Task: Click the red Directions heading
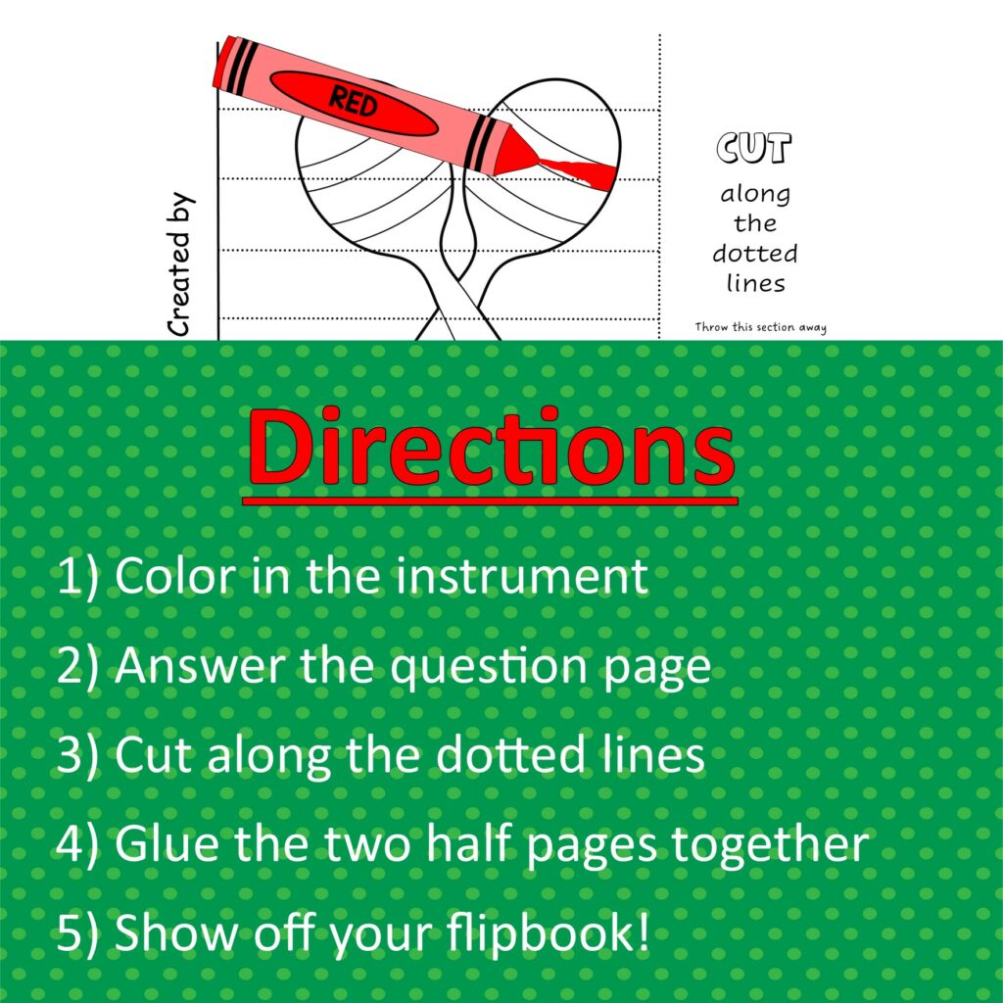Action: [490, 450]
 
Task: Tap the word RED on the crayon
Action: [354, 101]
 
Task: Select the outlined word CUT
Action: [753, 149]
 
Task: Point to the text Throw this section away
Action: [760, 327]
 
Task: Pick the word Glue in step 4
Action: [163, 844]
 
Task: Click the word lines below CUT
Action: [755, 283]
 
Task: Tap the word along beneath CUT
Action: [755, 194]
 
